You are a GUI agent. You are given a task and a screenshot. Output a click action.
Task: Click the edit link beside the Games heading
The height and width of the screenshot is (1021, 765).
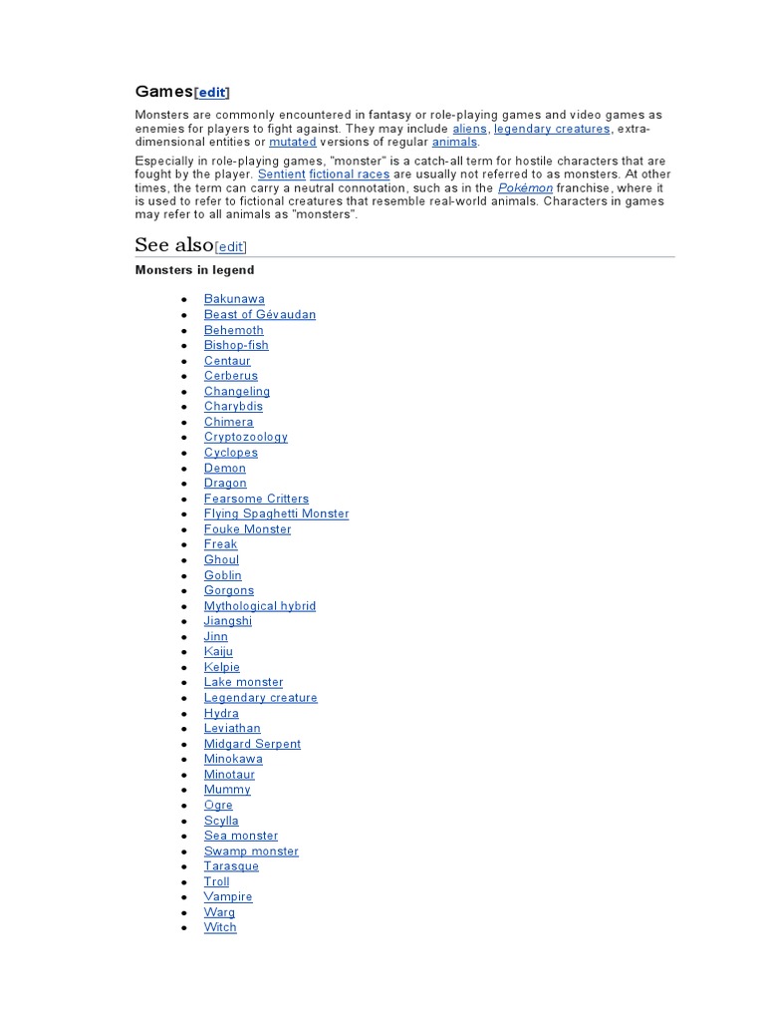tap(211, 93)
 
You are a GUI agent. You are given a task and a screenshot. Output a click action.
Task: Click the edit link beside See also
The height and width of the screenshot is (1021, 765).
tap(230, 247)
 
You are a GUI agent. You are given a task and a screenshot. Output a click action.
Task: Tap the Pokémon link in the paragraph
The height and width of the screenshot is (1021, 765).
tap(525, 187)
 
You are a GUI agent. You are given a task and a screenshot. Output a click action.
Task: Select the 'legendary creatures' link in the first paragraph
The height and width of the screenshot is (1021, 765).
tap(552, 129)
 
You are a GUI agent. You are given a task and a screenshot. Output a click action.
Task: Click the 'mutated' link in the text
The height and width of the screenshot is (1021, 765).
tap(292, 143)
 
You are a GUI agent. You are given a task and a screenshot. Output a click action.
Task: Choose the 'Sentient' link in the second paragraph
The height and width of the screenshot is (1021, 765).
tap(281, 174)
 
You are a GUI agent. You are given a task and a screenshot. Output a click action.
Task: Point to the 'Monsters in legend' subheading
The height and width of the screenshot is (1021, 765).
tap(195, 270)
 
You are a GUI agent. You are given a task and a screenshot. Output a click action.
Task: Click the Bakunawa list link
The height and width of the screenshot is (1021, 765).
tap(234, 299)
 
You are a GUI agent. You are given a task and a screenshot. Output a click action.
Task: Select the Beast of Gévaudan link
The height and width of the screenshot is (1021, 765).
tap(260, 314)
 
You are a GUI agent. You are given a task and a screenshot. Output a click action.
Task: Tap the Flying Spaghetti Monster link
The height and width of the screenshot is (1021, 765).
tap(276, 513)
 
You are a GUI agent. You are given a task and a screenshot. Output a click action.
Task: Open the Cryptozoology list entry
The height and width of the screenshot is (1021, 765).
tap(246, 437)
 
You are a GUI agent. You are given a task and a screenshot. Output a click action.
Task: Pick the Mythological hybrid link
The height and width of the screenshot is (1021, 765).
tap(260, 606)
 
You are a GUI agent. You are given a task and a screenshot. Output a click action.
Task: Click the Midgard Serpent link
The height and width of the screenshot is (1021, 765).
tap(252, 744)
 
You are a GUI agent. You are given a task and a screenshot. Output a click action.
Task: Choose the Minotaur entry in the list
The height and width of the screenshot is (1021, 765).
tap(229, 775)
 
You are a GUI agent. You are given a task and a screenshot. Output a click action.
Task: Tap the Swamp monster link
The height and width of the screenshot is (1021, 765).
tap(251, 851)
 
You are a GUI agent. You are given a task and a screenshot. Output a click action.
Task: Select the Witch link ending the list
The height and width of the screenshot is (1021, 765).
tap(220, 927)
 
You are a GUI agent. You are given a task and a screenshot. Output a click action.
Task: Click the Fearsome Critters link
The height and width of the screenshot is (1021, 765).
tap(256, 499)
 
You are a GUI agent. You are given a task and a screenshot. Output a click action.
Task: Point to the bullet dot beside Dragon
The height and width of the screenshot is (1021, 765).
tap(184, 484)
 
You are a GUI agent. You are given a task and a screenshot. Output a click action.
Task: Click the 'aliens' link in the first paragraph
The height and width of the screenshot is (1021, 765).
tap(469, 129)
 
